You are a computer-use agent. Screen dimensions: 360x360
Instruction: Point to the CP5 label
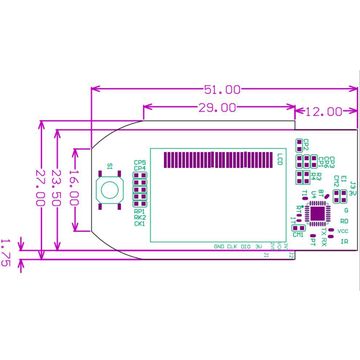[140, 162]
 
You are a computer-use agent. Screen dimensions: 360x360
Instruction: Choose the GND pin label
[219, 245]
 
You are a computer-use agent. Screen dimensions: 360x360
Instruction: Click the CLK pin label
[233, 245]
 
